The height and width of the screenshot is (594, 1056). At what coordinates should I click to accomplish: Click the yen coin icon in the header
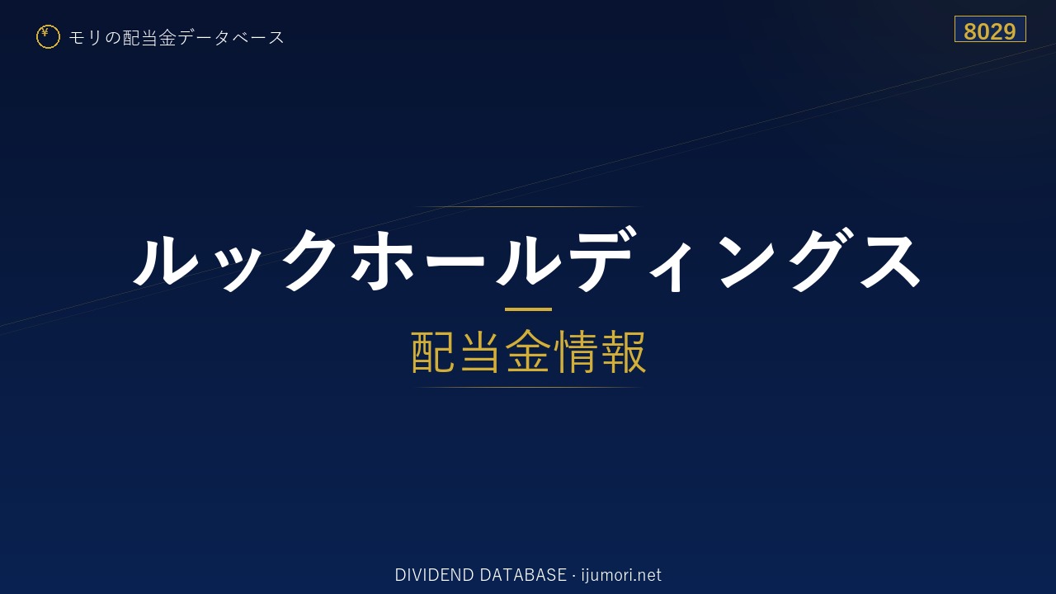tap(48, 37)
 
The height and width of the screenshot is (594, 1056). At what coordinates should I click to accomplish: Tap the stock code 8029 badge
tap(990, 29)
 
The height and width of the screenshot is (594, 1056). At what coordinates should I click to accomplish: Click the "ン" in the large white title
tap(744, 261)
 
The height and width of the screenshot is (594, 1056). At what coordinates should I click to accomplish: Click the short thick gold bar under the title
tap(528, 309)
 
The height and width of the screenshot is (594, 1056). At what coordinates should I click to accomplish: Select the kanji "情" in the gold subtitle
tap(575, 351)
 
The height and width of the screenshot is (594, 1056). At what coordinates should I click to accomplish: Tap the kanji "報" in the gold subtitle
tap(622, 351)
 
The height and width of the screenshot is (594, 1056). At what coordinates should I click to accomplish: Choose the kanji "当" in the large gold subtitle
tap(481, 351)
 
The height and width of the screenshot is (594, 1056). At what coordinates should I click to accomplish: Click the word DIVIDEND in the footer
tap(434, 575)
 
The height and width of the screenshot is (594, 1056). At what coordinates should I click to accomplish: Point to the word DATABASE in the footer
tap(523, 575)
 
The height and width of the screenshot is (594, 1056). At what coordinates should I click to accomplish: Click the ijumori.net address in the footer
tap(621, 576)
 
